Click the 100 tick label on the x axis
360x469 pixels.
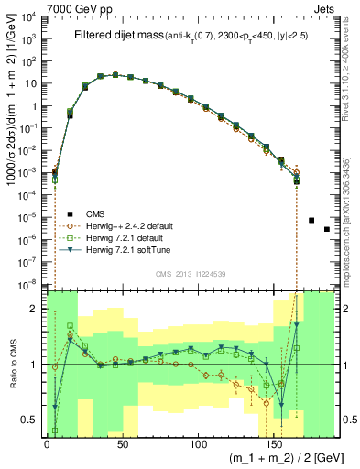coord(198,443)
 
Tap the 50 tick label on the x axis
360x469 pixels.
coord(122,443)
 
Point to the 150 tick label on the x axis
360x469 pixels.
coord(274,443)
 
